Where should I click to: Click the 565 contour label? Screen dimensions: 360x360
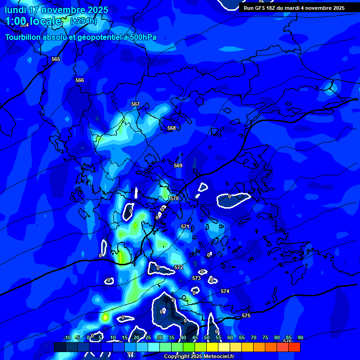(56, 60)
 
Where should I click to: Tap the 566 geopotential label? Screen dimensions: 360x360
(80, 81)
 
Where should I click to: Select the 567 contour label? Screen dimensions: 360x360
(135, 105)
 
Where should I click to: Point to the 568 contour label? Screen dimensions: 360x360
(172, 128)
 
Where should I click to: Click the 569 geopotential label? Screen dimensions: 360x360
(178, 166)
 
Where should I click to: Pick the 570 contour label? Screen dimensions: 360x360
(174, 199)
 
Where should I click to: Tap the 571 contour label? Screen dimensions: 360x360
(185, 227)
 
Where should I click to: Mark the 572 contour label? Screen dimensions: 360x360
(179, 268)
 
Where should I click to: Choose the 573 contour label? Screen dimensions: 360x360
(196, 278)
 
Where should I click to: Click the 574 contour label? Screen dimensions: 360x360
(225, 292)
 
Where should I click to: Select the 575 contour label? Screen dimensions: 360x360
(246, 316)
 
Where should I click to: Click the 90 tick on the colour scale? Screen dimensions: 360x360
(300, 338)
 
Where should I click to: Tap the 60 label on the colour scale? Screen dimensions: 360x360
(230, 338)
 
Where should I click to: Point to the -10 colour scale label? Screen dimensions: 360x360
(67, 338)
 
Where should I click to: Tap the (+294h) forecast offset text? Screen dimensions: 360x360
(83, 21)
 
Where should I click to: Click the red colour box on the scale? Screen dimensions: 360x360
(294, 347)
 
